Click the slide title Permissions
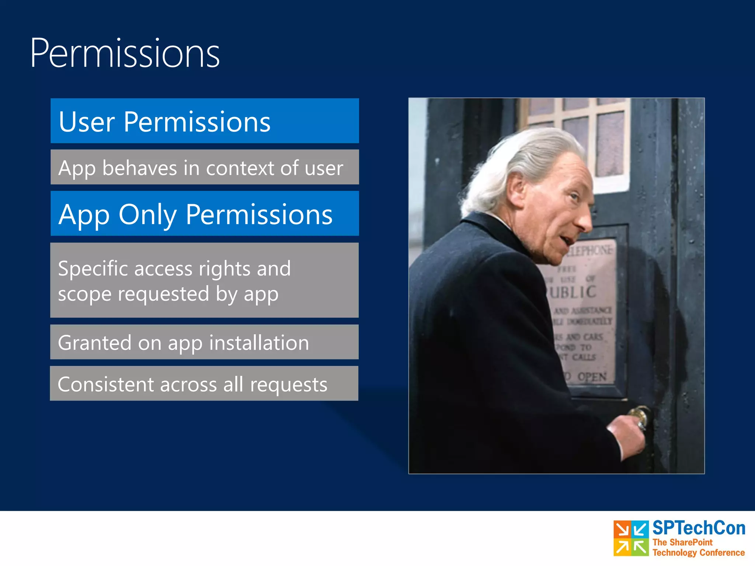(x=125, y=53)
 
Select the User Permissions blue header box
(x=205, y=121)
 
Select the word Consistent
(x=106, y=384)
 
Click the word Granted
(x=94, y=343)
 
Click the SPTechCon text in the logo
(x=699, y=528)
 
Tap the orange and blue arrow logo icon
(x=631, y=538)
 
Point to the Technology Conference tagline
(x=699, y=553)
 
